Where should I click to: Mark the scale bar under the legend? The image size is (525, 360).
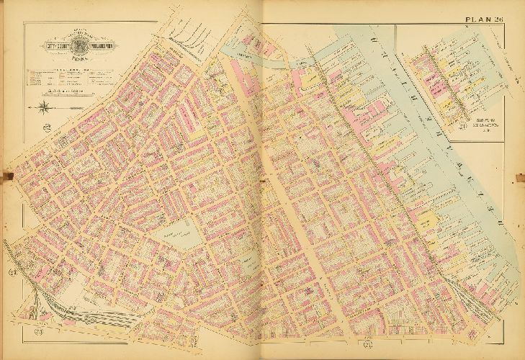pos(62,92)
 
